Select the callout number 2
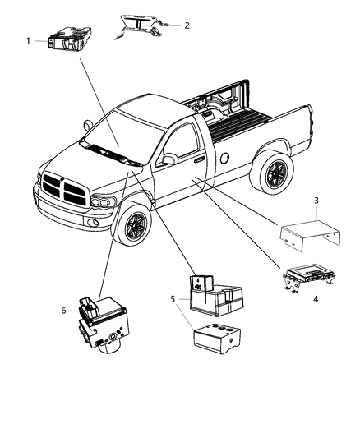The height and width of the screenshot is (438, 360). point(187,25)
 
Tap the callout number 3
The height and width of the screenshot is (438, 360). point(316,201)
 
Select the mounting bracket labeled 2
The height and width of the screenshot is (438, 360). point(140,26)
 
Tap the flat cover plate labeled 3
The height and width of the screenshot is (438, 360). point(308,233)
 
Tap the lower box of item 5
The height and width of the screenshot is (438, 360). point(214,339)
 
